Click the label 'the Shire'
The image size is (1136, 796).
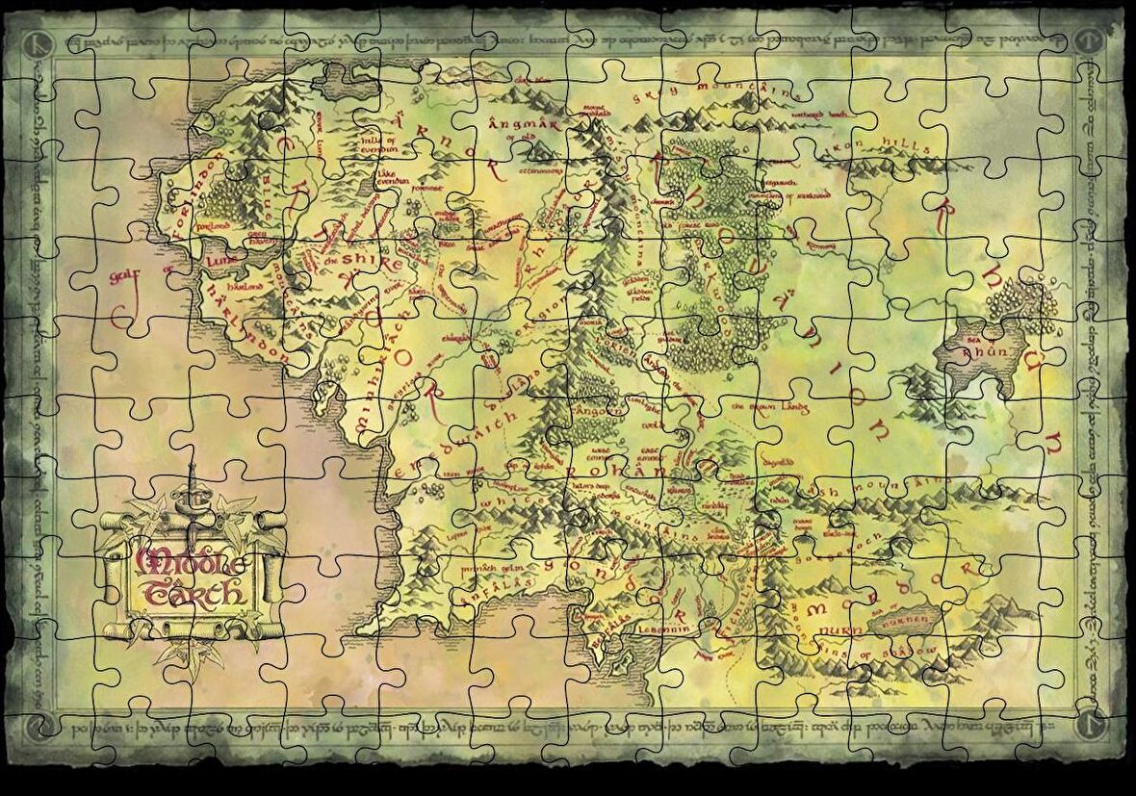[349, 262]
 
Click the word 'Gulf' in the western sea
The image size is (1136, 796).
[89, 278]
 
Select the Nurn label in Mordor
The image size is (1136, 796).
[835, 635]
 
